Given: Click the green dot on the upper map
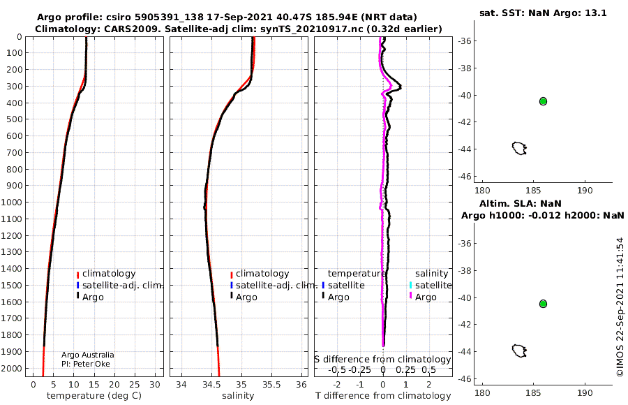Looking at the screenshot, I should pos(543,101).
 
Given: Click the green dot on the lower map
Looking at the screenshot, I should pos(543,304).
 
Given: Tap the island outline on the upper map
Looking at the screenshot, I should pos(519,148).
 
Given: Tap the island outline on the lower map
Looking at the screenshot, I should pos(519,351).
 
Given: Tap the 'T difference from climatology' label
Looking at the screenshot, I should pos(383,396).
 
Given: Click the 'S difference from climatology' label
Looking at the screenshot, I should pos(382,359).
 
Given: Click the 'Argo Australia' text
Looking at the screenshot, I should pos(87,355).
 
